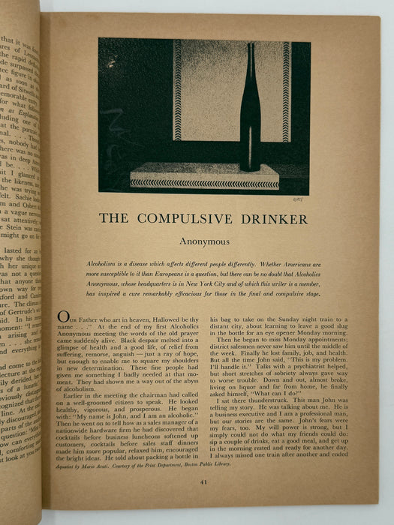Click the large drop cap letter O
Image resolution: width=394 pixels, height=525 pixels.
tap(64, 318)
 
